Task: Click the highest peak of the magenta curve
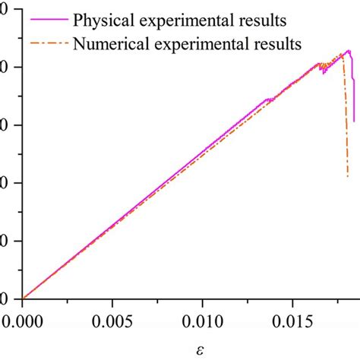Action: (348, 51)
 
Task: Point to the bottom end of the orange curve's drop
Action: (348, 176)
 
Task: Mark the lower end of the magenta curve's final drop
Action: (354, 121)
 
